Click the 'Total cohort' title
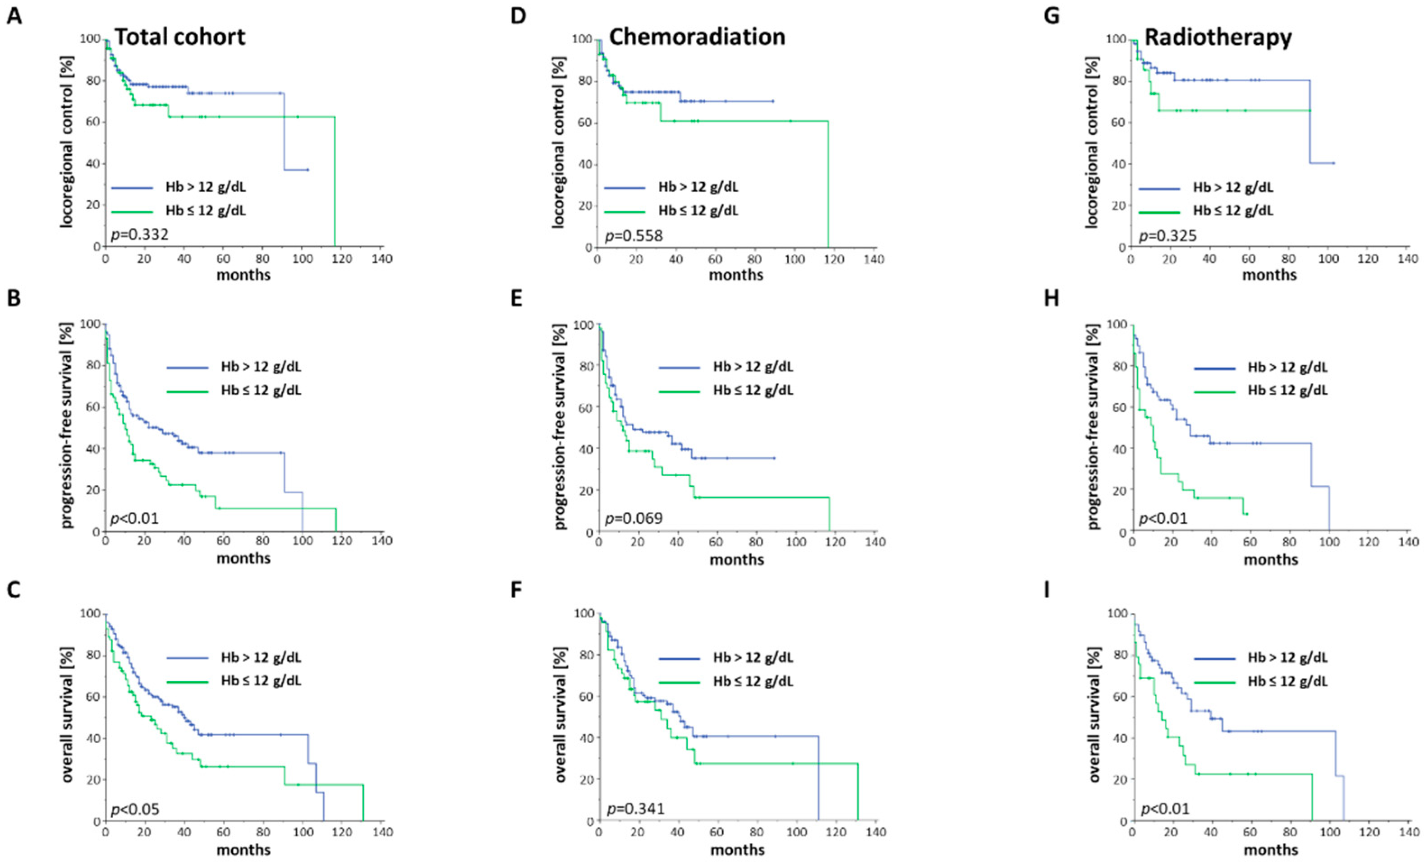point(180,37)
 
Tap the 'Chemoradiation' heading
point(697,37)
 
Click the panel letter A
point(14,16)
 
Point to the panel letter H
point(1051,298)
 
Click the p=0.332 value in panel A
point(139,235)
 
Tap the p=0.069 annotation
point(634,518)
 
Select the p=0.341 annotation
point(636,808)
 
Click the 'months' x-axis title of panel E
point(737,559)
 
